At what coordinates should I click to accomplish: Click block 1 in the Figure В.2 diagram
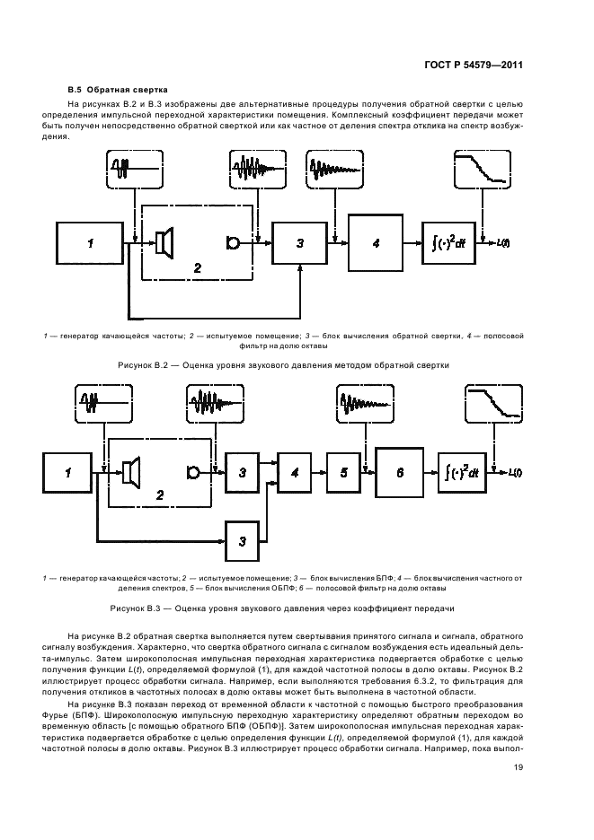89,242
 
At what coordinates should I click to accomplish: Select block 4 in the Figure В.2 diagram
377,242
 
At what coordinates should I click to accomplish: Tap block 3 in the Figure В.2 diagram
300,242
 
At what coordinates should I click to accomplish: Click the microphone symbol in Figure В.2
233,242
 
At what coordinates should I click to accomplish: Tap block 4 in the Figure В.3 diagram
293,471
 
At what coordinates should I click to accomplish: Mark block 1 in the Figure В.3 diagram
67,471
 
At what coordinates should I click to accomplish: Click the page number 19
519,766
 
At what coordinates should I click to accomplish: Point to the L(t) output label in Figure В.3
516,472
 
